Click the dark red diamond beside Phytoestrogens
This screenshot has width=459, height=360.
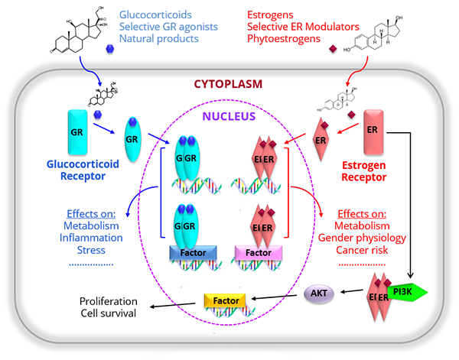coord(331,50)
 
